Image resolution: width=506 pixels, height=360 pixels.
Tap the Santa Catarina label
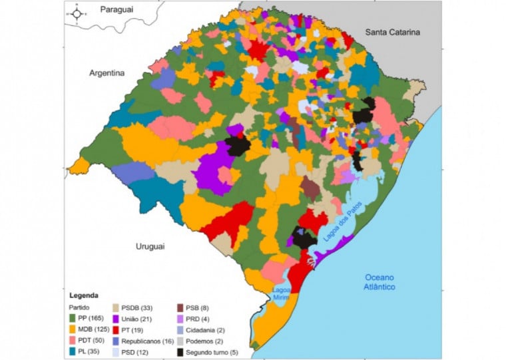(x=393, y=32)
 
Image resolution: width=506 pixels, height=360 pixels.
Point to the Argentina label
(x=107, y=73)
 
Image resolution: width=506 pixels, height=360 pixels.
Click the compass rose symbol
(x=77, y=13)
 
